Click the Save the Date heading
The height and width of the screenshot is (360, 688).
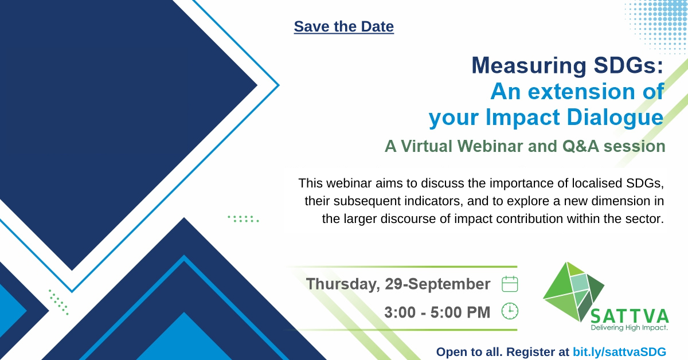343,26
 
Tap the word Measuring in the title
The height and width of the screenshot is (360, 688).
529,66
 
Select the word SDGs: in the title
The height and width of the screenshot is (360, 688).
628,65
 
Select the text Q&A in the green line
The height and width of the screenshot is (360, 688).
580,146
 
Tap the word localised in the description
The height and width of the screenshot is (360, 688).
596,183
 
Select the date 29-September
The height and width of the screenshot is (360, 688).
437,284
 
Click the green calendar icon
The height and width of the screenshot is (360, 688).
510,284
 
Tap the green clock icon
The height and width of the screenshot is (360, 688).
510,311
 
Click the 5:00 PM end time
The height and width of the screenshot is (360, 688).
460,312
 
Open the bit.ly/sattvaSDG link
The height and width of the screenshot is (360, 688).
619,352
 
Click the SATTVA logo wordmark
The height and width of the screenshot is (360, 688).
630,316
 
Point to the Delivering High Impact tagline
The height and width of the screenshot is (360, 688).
630,328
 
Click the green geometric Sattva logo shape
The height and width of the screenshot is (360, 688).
573,292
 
